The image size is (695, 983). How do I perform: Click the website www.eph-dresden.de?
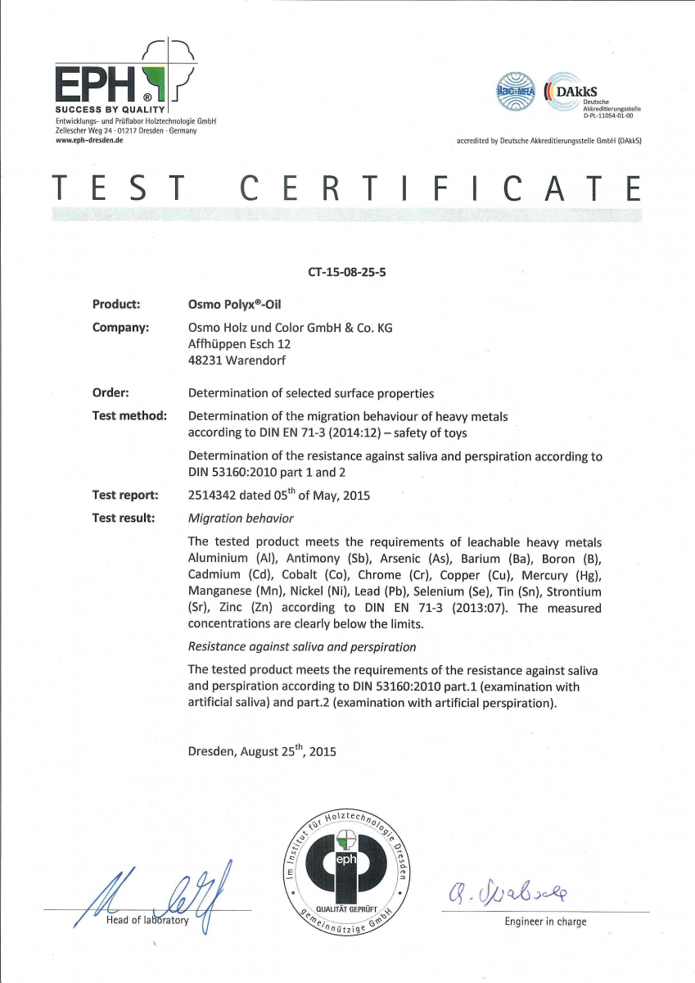(89, 141)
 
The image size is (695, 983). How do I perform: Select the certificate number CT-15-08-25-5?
(346, 272)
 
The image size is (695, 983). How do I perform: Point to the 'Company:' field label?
(120, 328)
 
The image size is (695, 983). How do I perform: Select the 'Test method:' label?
(129, 416)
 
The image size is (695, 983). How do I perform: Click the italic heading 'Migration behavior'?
(241, 519)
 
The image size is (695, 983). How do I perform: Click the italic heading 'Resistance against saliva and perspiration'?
(301, 647)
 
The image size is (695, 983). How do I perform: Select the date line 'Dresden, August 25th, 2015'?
(262, 751)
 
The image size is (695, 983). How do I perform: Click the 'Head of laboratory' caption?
(147, 921)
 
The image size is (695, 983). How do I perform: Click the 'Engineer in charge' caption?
(545, 922)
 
